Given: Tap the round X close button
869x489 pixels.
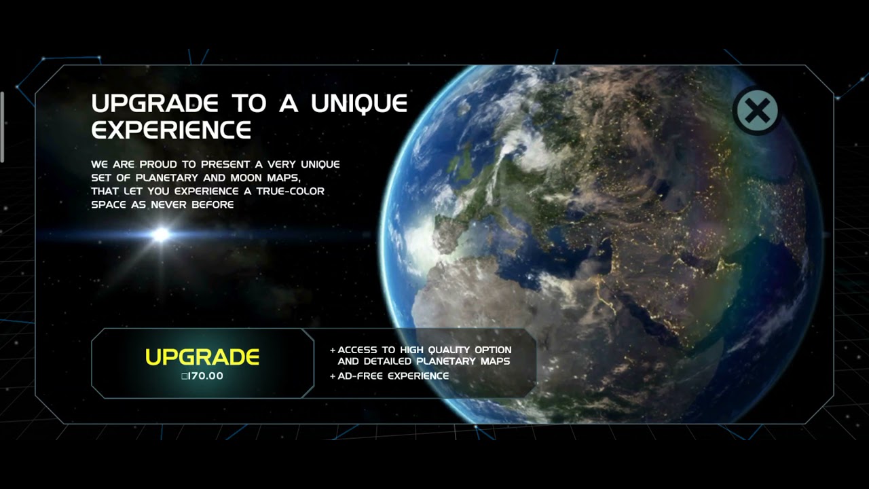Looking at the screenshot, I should click(x=756, y=110).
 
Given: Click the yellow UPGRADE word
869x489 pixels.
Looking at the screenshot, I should click(x=202, y=357).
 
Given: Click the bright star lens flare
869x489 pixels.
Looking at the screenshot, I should click(x=161, y=234).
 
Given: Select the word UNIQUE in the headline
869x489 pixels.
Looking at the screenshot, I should click(x=359, y=104).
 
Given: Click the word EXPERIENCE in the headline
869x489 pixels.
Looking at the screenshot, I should click(x=171, y=129).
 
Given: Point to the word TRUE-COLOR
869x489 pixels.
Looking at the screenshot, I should click(x=291, y=192).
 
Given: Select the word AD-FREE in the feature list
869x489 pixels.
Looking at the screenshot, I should click(x=361, y=376).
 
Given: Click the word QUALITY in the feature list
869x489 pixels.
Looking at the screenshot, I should click(x=453, y=350).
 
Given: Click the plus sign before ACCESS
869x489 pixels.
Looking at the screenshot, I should click(x=333, y=350).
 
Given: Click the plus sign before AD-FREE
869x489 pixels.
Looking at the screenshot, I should click(x=333, y=376).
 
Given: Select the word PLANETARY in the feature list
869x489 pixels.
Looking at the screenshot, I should click(x=445, y=361).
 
